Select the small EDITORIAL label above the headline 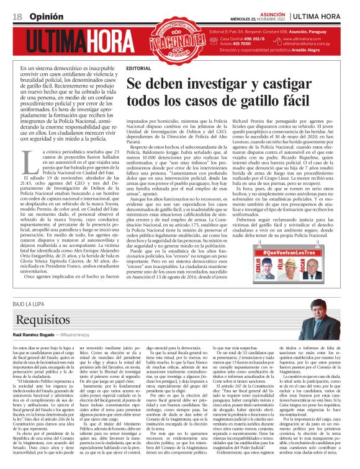tap(138, 67)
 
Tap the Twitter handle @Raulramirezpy tap(83, 317)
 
